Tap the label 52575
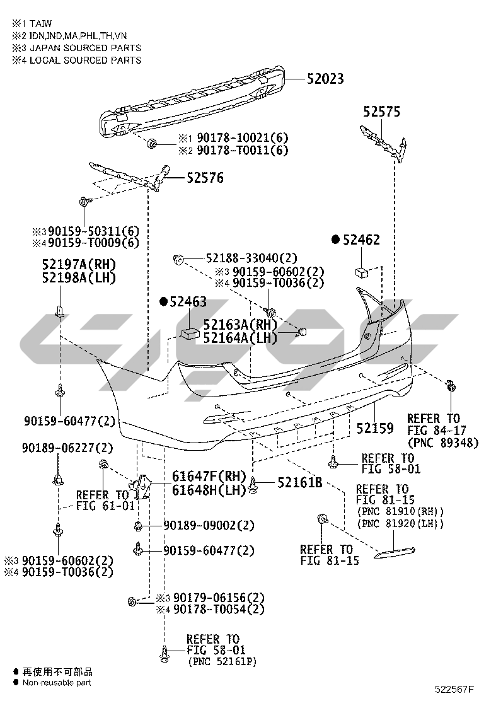[x=381, y=112]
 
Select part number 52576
[x=204, y=178]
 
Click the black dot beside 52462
[x=335, y=240]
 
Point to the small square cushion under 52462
[x=361, y=272]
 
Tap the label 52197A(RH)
[x=79, y=264]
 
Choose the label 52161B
[x=299, y=483]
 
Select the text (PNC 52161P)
[x=222, y=662]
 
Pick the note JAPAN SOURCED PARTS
[x=82, y=48]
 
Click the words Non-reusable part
[x=57, y=682]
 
